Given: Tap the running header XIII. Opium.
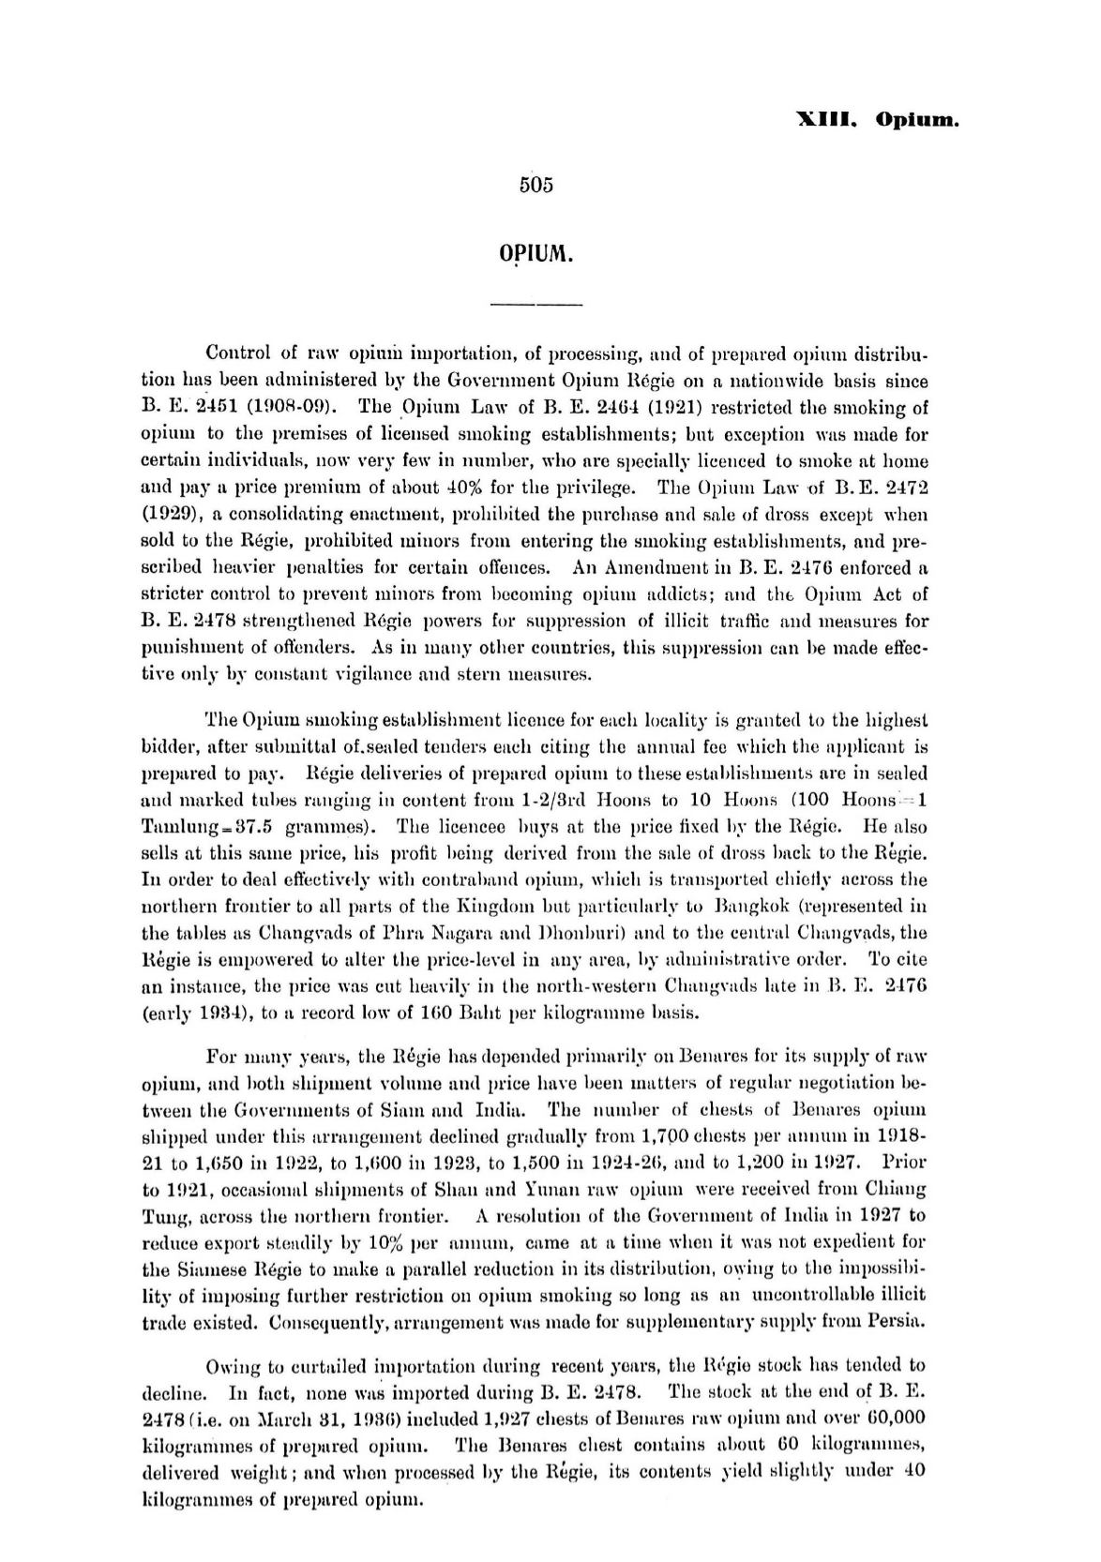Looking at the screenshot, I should tap(878, 120).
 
